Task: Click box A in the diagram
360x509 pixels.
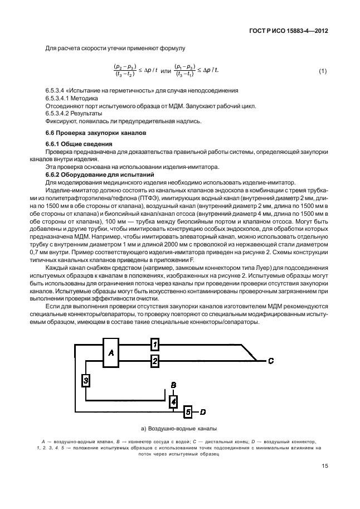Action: pyautogui.click(x=111, y=352)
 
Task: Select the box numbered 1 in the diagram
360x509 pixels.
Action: pyautogui.click(x=155, y=345)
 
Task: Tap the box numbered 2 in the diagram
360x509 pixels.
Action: pyautogui.click(x=155, y=361)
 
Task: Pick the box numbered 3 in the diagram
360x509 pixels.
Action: pyautogui.click(x=86, y=380)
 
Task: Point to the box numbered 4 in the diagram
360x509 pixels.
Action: pyautogui.click(x=174, y=401)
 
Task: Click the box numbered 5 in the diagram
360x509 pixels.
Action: pyautogui.click(x=188, y=412)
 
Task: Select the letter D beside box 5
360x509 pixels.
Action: pyautogui.click(x=203, y=412)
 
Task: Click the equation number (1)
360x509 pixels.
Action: pyautogui.click(x=322, y=71)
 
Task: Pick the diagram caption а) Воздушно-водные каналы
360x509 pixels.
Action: pyautogui.click(x=179, y=429)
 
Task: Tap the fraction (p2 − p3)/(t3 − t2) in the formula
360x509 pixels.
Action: pyautogui.click(x=127, y=71)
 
